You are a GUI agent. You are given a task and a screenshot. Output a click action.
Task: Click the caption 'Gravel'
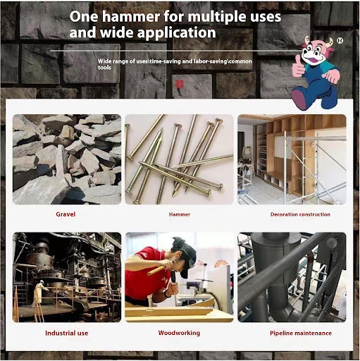coord(66,214)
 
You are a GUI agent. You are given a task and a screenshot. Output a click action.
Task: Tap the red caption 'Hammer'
coord(180,214)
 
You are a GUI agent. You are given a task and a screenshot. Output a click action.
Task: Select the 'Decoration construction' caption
coord(300,214)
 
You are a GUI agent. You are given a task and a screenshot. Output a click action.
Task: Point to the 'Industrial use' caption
coord(67,333)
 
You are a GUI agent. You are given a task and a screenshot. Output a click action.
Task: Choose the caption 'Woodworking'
coord(179,333)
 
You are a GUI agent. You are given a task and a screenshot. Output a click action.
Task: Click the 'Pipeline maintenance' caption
coord(301,333)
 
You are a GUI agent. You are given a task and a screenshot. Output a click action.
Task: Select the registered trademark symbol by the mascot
coord(340,41)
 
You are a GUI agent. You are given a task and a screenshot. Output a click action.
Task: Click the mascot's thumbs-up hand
coord(298,67)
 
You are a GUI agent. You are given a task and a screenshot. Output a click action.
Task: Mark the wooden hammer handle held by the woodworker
coord(158,269)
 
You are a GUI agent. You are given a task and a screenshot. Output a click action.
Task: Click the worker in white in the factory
coord(39,293)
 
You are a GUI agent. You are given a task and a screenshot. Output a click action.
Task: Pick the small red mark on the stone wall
coord(180,85)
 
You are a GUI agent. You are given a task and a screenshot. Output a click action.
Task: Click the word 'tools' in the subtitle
coord(104,68)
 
